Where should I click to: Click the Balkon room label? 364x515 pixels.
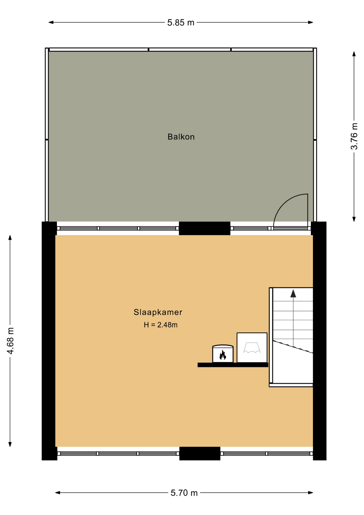[x=181, y=137]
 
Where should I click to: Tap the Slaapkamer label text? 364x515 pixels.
[x=158, y=312]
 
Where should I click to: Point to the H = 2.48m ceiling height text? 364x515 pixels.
[x=161, y=325]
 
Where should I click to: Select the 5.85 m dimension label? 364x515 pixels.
[x=181, y=23]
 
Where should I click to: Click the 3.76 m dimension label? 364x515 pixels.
[x=354, y=136]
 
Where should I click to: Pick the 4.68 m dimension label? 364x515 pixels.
[x=10, y=341]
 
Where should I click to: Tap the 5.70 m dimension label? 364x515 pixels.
[x=184, y=493]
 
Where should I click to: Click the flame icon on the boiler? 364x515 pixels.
[x=223, y=355]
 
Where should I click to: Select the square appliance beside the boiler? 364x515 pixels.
[x=252, y=348]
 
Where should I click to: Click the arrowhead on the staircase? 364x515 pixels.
[x=293, y=293]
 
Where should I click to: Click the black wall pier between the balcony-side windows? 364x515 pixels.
[x=205, y=228]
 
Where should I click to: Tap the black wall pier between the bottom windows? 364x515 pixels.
[x=200, y=453]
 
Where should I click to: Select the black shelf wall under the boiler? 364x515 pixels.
[x=233, y=365]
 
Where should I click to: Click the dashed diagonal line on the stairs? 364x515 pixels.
[x=293, y=347]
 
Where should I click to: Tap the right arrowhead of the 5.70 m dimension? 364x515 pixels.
[x=311, y=493]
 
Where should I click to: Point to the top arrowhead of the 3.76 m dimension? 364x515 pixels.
[x=354, y=54]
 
